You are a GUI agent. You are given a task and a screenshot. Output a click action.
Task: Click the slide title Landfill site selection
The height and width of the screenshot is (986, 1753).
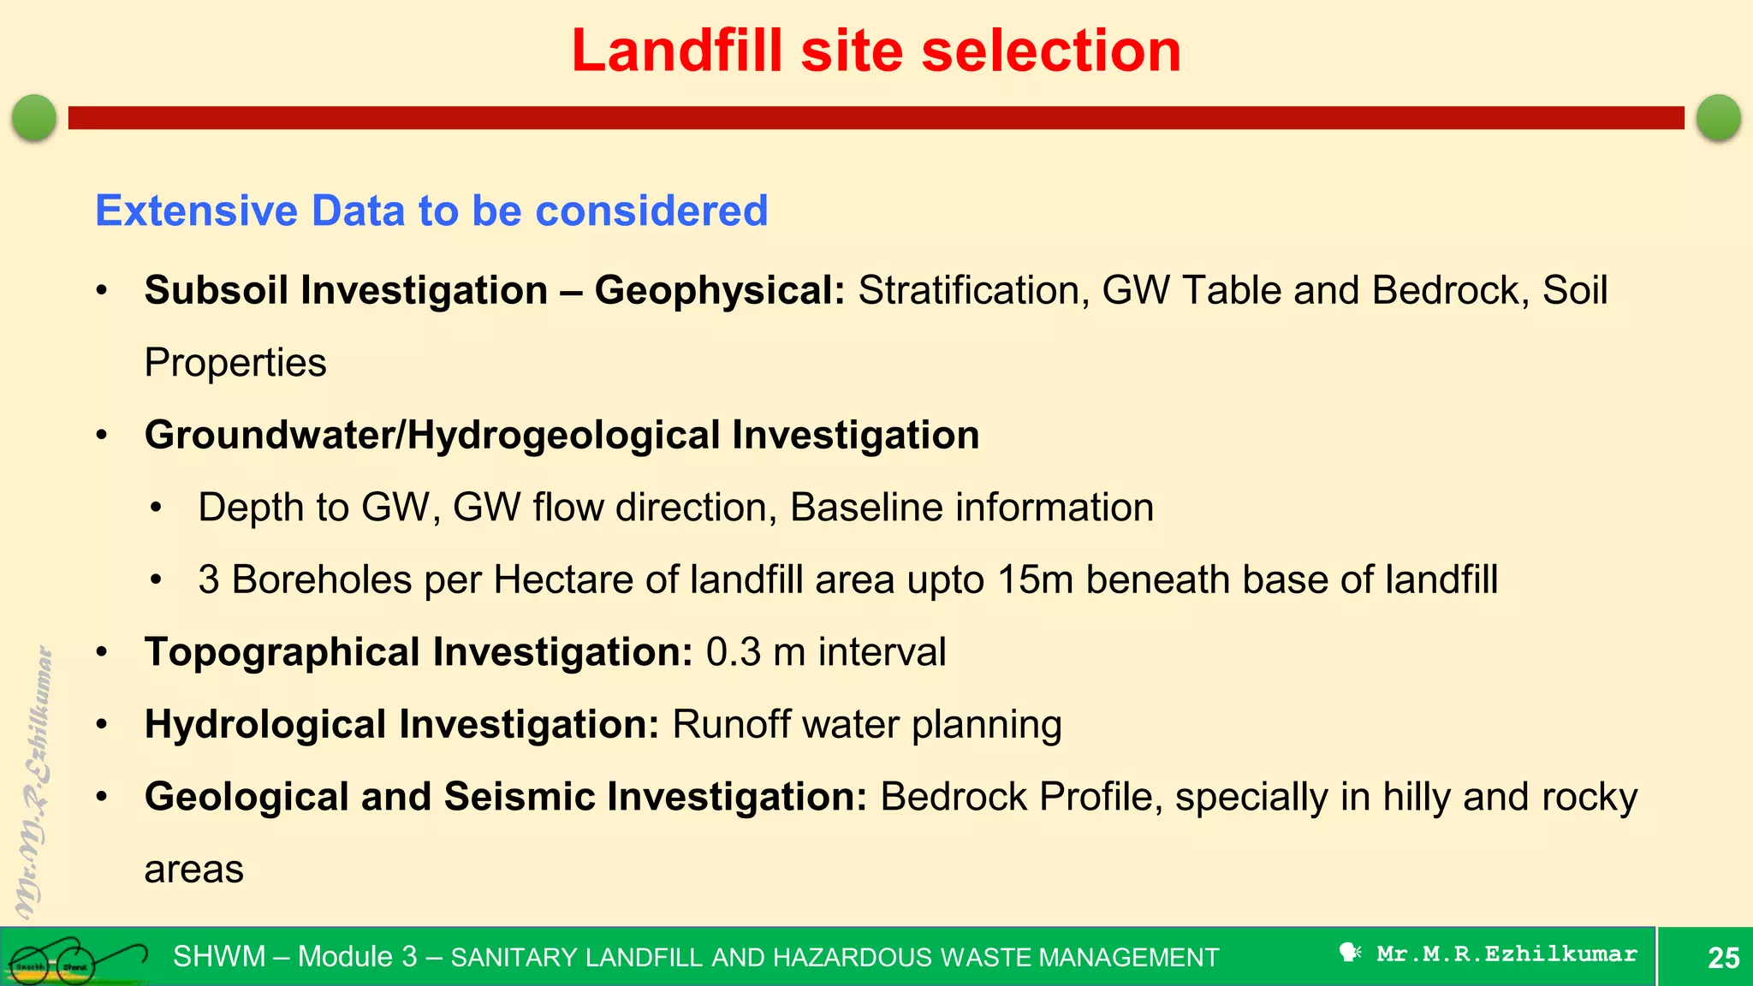click(876, 51)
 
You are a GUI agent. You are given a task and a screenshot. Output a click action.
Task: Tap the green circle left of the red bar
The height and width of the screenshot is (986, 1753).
click(34, 117)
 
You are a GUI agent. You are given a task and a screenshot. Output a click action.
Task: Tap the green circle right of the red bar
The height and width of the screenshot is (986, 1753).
click(1718, 117)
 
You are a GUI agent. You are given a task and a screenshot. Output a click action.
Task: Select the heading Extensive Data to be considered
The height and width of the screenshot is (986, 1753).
click(431, 211)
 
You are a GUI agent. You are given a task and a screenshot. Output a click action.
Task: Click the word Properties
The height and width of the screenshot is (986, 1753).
click(235, 363)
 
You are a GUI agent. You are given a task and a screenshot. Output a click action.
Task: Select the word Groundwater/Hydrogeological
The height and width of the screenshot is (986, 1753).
click(431, 436)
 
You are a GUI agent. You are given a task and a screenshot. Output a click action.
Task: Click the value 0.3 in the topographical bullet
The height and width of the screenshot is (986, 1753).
click(733, 652)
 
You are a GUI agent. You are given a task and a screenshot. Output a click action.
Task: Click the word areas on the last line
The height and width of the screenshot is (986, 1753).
click(194, 870)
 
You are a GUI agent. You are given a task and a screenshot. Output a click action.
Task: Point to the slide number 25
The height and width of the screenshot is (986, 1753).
click(1723, 958)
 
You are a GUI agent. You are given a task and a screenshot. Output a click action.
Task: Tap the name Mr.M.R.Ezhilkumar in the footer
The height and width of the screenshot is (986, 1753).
click(1506, 953)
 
